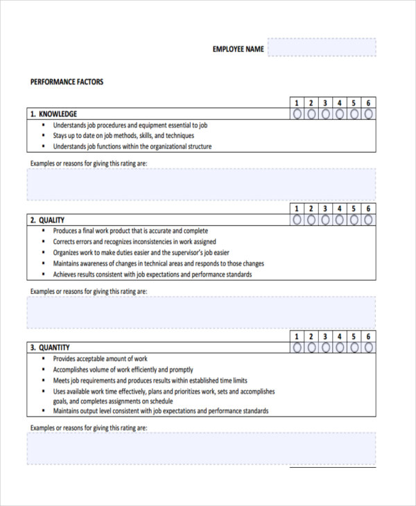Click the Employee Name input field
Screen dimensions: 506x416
point(322,48)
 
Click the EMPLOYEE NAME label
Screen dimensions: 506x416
point(238,49)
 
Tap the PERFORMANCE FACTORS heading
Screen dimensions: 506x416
point(67,82)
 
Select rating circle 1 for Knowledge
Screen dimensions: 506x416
point(297,114)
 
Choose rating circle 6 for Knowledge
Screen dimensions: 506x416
point(369,114)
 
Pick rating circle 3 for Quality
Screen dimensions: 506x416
point(326,220)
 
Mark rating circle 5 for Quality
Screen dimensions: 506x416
point(354,220)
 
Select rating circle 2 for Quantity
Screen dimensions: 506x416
point(311,347)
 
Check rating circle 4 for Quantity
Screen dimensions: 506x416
point(340,347)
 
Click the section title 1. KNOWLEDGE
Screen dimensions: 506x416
point(53,114)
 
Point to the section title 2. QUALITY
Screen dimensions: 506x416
point(47,220)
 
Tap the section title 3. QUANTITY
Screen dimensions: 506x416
point(49,347)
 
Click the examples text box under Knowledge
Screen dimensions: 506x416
point(202,184)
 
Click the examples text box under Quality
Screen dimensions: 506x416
point(202,312)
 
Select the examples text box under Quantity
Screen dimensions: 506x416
point(202,448)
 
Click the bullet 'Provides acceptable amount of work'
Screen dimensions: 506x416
point(101,358)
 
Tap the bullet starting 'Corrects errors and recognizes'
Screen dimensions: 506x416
point(135,242)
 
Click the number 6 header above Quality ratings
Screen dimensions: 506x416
point(369,209)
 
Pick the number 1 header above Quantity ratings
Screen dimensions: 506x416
point(297,336)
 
